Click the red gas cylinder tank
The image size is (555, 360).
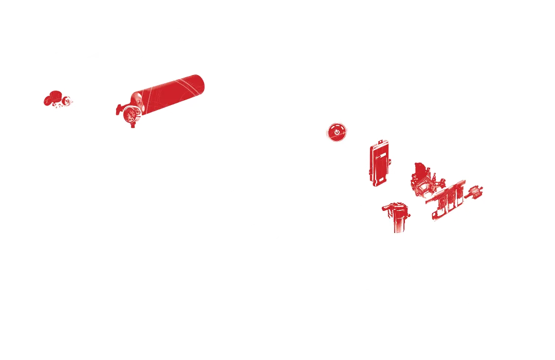click(170, 93)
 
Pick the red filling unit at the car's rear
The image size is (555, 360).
click(55, 98)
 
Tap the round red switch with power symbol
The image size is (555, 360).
click(337, 132)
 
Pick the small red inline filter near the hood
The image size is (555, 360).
click(473, 195)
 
